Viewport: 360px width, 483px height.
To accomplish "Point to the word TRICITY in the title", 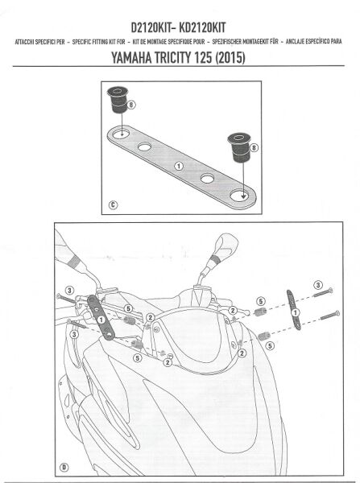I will [x=186, y=59].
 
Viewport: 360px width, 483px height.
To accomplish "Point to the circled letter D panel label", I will [x=64, y=466].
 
